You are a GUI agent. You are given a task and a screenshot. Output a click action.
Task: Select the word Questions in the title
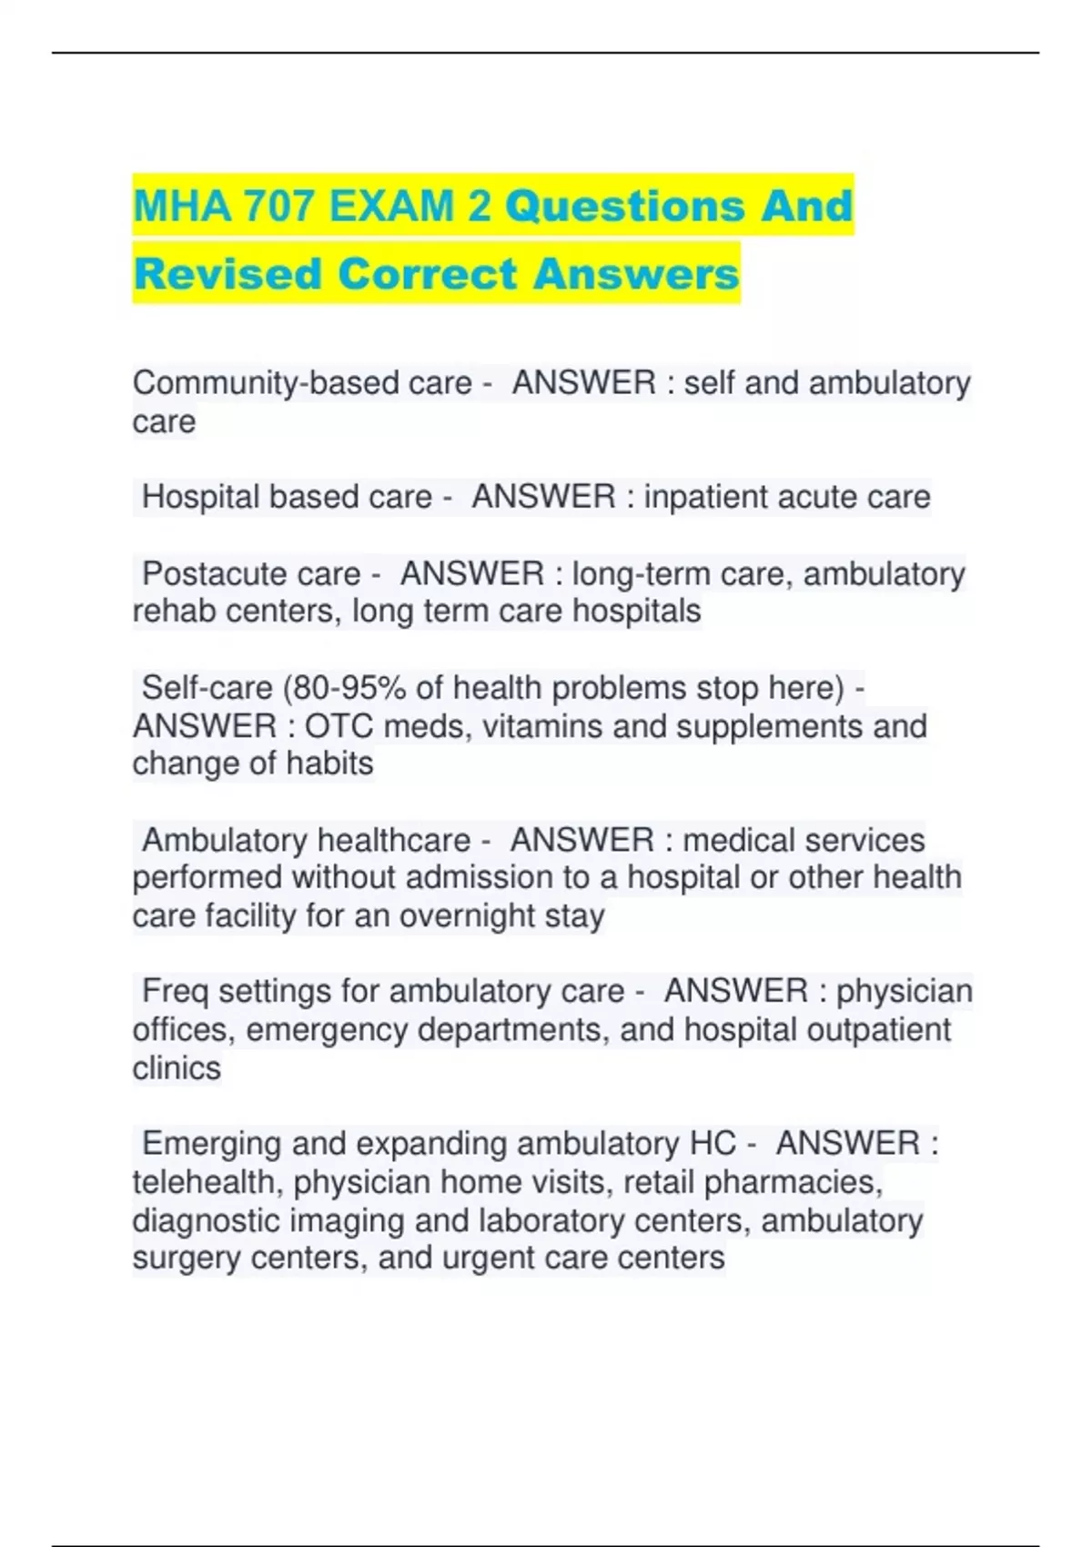coord(623,207)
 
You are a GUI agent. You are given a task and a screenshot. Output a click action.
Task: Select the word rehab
coord(173,612)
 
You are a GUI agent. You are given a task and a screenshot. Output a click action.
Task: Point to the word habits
coord(329,763)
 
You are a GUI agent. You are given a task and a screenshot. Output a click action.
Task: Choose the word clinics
coord(177,1068)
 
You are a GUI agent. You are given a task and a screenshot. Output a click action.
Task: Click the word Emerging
coord(212,1144)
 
